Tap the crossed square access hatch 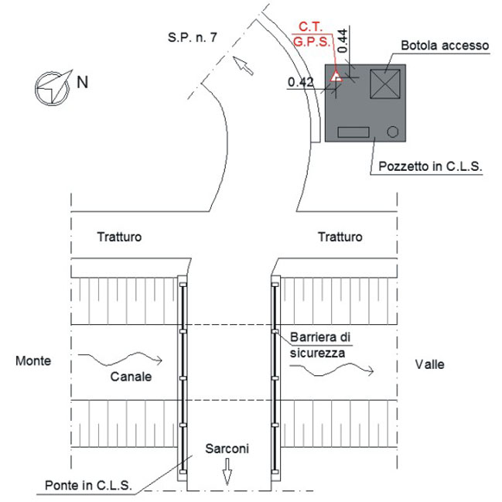coord(384,83)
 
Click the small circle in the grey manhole coord(392,132)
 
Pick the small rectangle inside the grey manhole coord(353,132)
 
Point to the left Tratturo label coord(119,237)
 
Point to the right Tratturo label coord(340,237)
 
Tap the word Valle coord(429,364)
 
